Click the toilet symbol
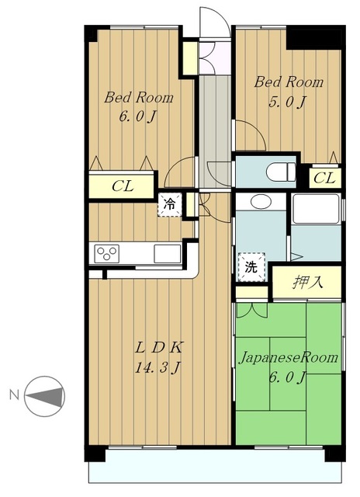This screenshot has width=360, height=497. [281, 172]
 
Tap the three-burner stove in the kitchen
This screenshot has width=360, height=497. [107, 254]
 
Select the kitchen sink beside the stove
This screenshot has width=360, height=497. [168, 254]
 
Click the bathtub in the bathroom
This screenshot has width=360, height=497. [316, 209]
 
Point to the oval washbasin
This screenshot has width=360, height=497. [261, 202]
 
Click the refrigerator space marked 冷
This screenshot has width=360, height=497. [170, 205]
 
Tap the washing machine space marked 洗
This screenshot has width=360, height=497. [251, 267]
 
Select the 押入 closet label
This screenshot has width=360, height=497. [307, 282]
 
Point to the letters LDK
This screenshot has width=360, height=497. [158, 349]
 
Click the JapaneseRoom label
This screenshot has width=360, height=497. [288, 358]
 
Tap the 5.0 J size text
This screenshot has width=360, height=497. [288, 102]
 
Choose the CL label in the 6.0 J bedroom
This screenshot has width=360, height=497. [123, 186]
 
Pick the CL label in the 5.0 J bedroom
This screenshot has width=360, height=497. [324, 178]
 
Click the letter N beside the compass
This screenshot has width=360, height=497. [14, 395]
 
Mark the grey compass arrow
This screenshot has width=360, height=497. [43, 396]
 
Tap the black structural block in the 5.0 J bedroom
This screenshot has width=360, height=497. [314, 38]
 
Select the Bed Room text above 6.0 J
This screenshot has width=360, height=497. [139, 97]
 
